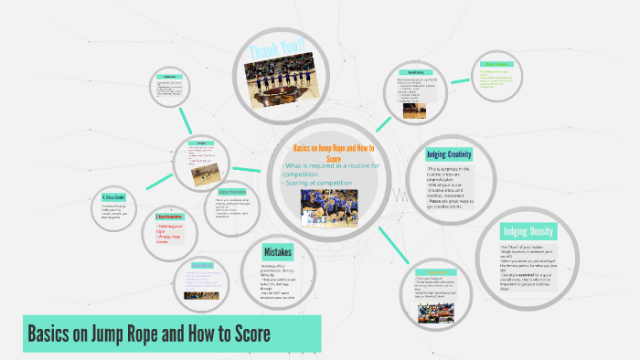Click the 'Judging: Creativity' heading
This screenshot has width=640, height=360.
coord(461,154)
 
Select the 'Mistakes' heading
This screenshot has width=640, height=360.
coord(278,251)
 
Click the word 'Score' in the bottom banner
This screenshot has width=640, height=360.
coord(249,334)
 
